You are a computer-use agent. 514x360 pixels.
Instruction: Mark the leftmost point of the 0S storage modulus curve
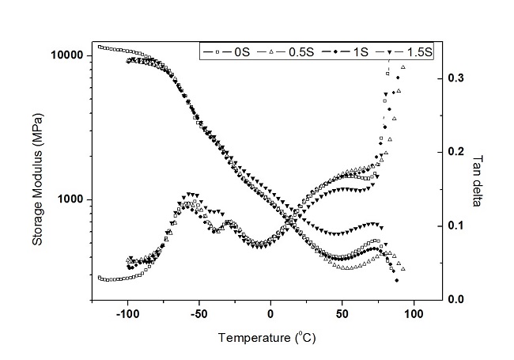point(99,47)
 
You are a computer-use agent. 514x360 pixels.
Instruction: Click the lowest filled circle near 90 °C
point(396,280)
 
